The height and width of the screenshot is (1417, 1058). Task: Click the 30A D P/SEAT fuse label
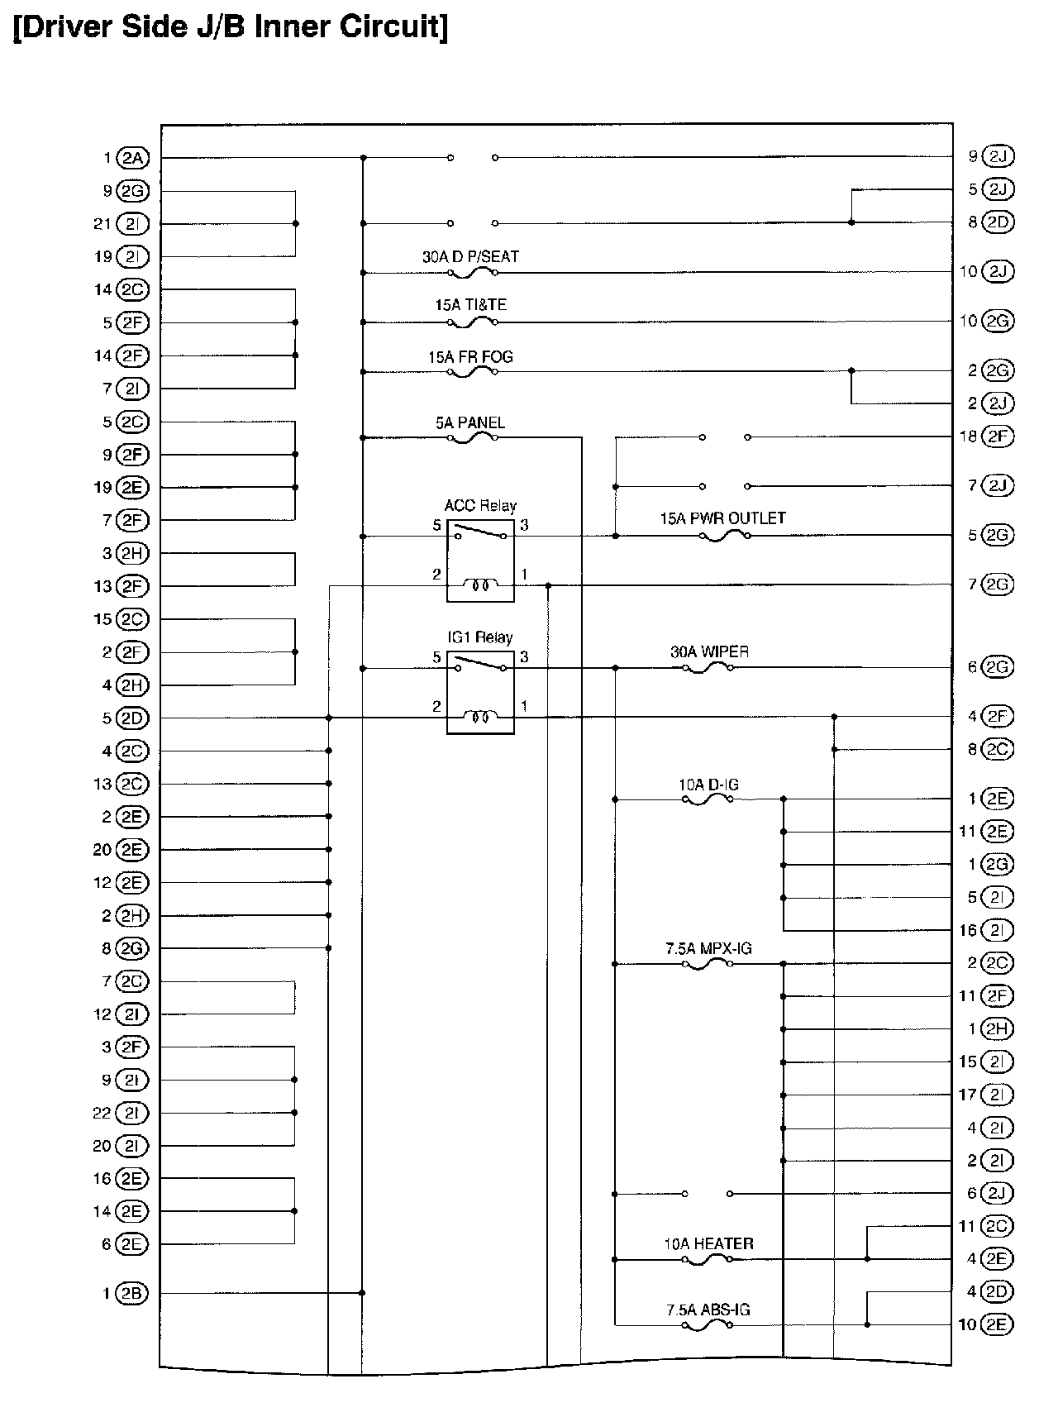[470, 257]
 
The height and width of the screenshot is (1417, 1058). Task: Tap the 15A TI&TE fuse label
[470, 305]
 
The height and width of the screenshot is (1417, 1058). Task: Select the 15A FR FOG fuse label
[470, 357]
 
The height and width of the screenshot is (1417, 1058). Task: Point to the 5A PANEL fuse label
[470, 423]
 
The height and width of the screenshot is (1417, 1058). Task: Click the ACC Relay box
[480, 561]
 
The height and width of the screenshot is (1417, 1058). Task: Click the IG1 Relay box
[480, 692]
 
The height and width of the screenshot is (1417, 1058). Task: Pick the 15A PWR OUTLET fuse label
[722, 518]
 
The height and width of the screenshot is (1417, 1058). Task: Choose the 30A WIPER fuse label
[709, 651]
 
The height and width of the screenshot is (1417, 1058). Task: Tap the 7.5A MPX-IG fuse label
[708, 948]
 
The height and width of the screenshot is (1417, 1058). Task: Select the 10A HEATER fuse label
[708, 1243]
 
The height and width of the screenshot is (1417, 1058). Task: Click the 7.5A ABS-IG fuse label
[708, 1310]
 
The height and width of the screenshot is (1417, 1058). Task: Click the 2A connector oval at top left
[132, 158]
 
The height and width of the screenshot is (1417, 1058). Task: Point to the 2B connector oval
[132, 1294]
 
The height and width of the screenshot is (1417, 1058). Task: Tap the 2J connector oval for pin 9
[998, 156]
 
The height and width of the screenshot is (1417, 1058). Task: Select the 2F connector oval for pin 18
[998, 437]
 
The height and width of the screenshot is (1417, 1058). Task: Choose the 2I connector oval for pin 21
[132, 224]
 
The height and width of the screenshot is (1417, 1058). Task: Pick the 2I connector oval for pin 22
[132, 1113]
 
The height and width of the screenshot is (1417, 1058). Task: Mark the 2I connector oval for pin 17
[998, 1095]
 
